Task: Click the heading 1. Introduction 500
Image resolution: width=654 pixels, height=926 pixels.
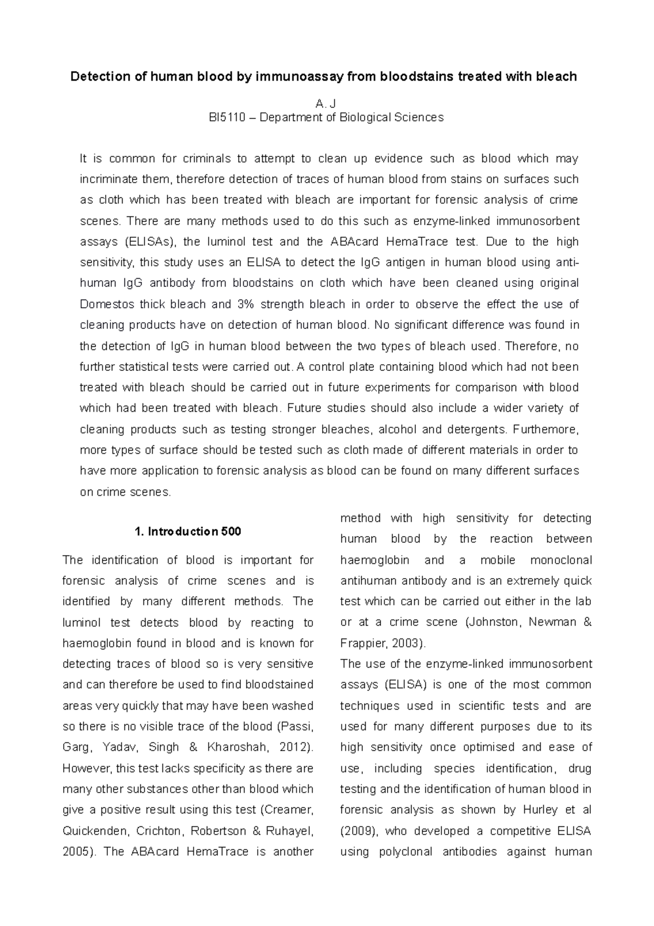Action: tap(187, 532)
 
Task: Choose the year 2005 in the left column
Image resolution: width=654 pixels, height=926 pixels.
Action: tap(75, 852)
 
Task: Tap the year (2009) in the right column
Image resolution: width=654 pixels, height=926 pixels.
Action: tap(358, 831)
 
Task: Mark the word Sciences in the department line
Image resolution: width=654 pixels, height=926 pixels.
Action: tap(420, 117)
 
